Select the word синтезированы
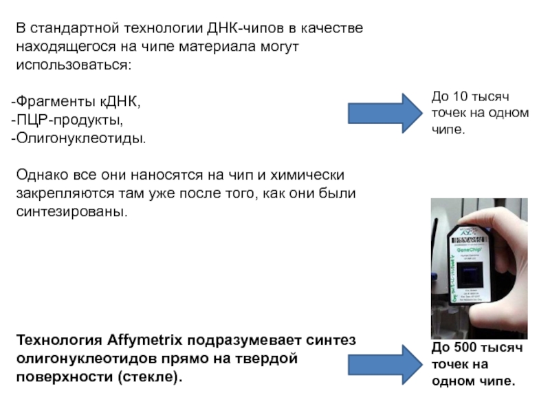coord(71,211)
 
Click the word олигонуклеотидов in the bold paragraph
coord(78,359)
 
